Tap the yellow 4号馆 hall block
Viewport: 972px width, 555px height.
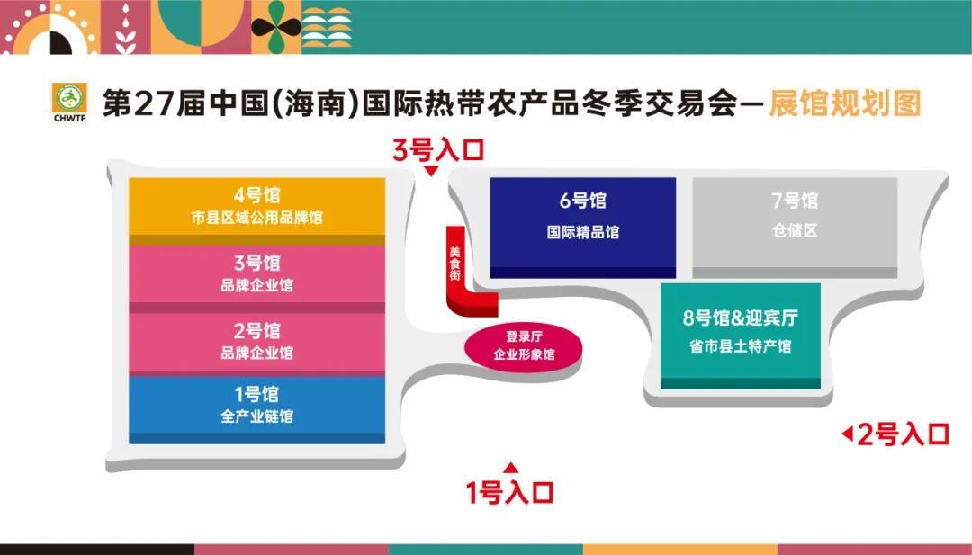(x=256, y=206)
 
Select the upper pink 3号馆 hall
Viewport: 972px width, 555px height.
(x=256, y=273)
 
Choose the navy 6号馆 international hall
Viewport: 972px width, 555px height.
(x=582, y=225)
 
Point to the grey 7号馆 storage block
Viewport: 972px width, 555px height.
(x=795, y=225)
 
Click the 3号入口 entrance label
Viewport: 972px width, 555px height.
(x=438, y=149)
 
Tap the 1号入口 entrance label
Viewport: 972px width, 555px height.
(x=508, y=492)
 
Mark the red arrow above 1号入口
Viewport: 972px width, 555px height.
(x=510, y=466)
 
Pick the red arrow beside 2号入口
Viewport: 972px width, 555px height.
(x=846, y=434)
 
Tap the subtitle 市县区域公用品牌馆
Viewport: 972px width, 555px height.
(x=256, y=219)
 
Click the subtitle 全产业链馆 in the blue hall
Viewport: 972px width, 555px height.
(x=256, y=416)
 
